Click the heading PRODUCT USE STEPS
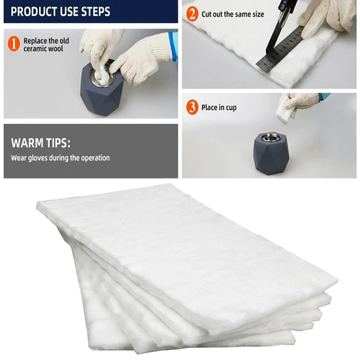60,13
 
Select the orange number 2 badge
192,13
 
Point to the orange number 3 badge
192,108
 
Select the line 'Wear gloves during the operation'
60,158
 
